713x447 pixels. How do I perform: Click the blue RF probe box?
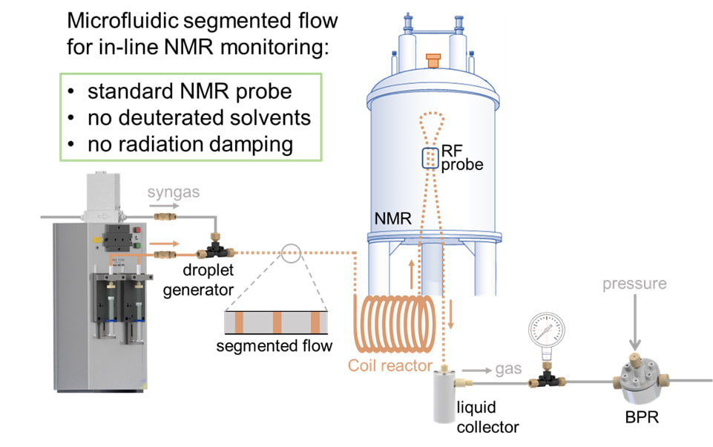coord(431,158)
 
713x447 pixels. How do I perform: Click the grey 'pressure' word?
coord(634,283)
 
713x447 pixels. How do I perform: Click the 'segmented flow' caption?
coord(274,345)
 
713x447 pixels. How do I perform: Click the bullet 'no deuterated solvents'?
coord(199,117)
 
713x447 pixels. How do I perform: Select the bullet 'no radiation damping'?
coord(190,143)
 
